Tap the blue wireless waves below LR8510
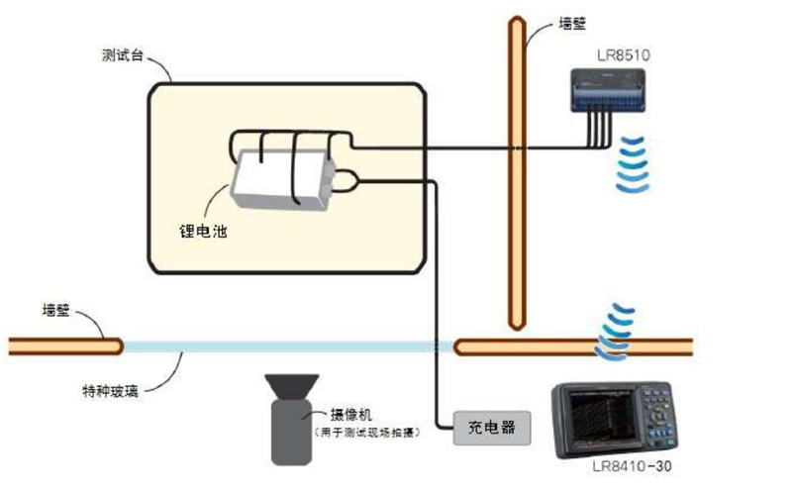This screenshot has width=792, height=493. click(634, 163)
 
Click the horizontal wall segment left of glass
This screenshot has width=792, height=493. click(65, 345)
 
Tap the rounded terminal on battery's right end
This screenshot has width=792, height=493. click(346, 180)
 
